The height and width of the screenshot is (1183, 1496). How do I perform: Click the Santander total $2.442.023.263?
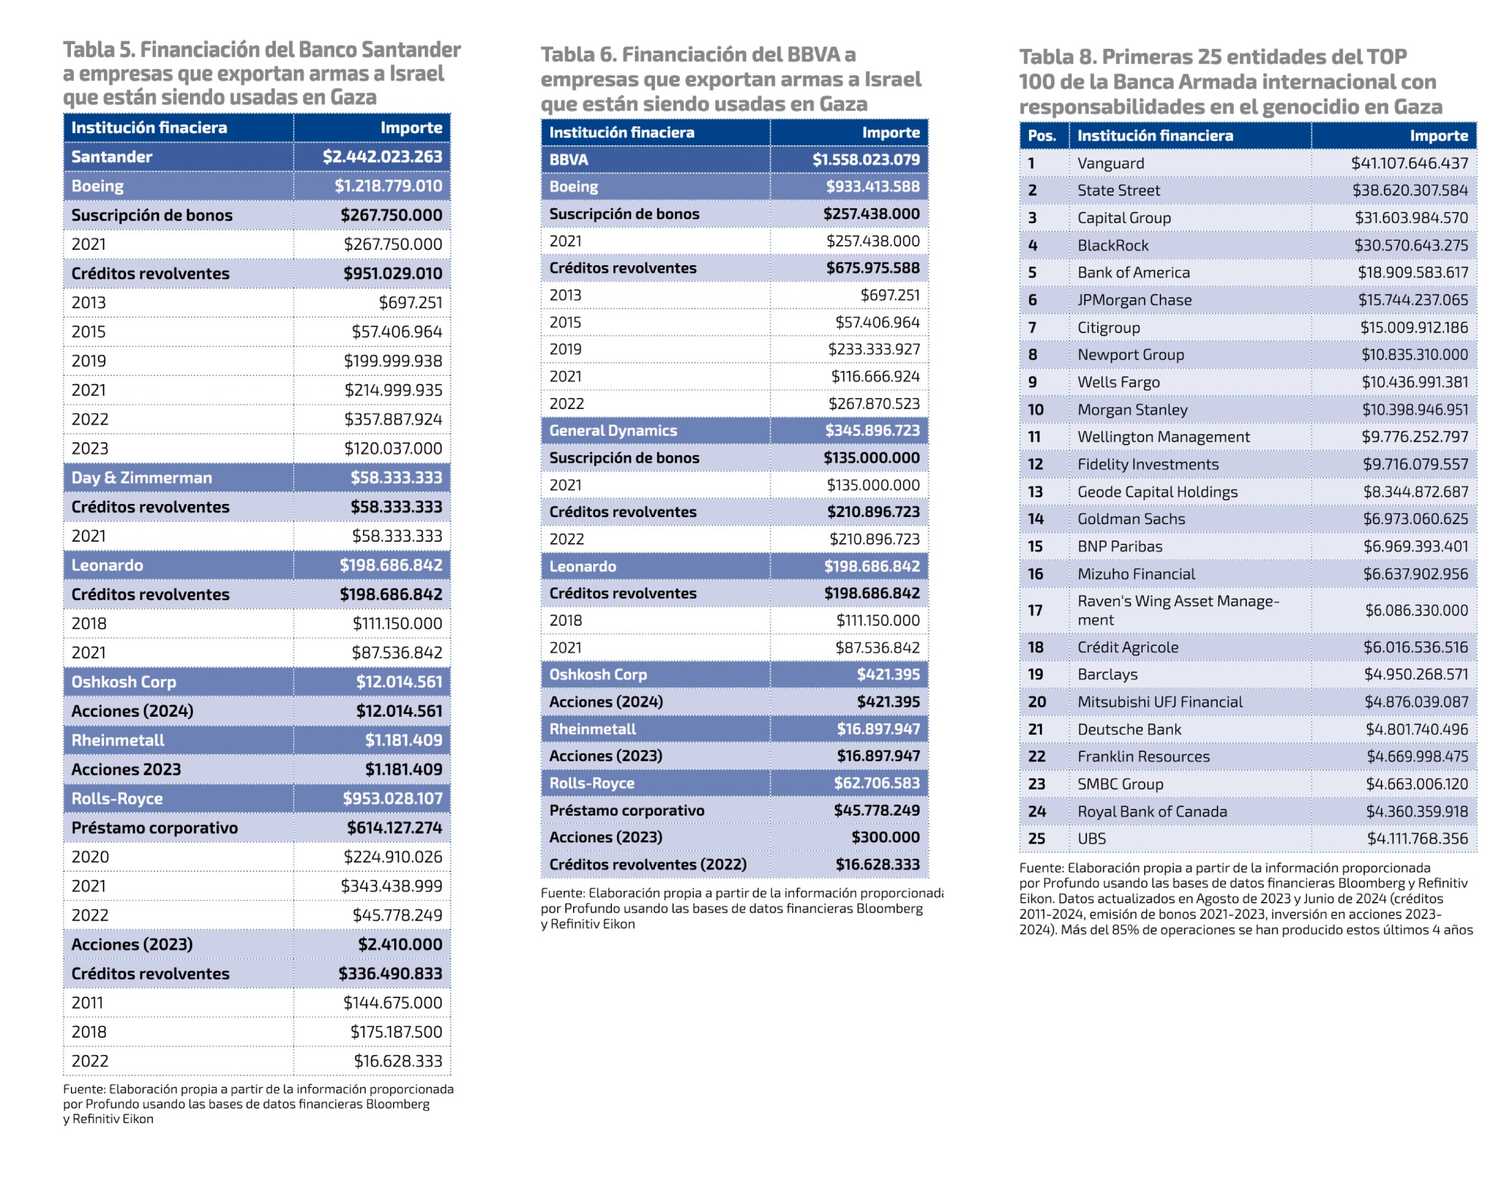click(382, 157)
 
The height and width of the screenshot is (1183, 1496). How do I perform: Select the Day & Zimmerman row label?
click(141, 478)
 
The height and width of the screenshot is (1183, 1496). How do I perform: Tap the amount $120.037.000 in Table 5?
click(393, 449)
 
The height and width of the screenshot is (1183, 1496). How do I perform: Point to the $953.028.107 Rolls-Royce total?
click(392, 799)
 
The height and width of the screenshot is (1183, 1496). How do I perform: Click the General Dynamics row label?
click(613, 431)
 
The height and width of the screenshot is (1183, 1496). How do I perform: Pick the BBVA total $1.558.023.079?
click(866, 160)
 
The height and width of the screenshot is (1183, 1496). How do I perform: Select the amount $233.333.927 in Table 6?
click(874, 349)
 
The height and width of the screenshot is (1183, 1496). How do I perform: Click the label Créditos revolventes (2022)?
click(648, 864)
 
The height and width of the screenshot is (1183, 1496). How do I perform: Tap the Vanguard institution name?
click(1110, 163)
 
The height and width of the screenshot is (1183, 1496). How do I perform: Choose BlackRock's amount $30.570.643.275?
click(1411, 245)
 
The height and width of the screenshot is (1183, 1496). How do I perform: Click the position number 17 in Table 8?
click(1035, 610)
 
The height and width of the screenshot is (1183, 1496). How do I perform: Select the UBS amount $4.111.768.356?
click(1417, 839)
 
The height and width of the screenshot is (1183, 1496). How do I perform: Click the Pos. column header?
click(1041, 136)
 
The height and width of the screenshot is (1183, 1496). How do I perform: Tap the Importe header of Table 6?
click(890, 133)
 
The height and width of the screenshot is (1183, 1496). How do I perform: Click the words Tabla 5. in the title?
click(98, 50)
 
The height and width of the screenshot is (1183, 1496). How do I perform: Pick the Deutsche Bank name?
click(1129, 729)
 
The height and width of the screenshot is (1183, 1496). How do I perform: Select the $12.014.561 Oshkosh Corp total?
click(399, 682)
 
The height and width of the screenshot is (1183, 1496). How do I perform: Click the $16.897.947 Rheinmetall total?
click(878, 729)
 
